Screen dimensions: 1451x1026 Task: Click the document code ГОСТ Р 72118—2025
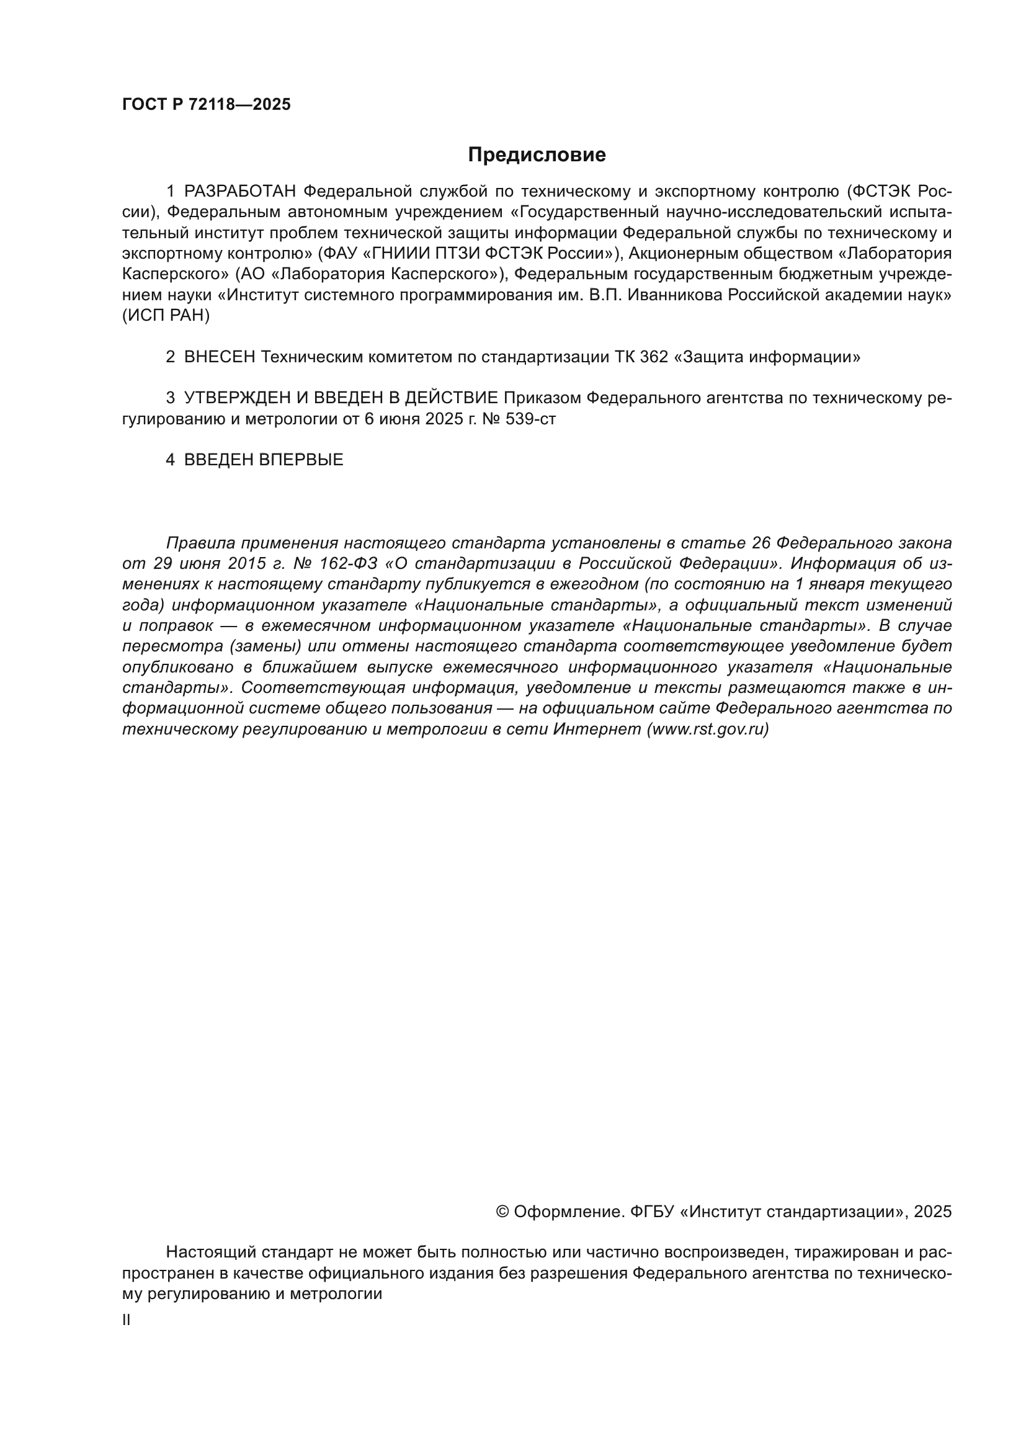[x=206, y=105]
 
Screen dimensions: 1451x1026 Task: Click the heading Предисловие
[x=537, y=155]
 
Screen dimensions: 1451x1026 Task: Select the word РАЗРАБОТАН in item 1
[x=240, y=192]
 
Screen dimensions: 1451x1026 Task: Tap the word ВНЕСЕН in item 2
[x=220, y=357]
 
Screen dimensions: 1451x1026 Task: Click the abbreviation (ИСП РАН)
[x=166, y=316]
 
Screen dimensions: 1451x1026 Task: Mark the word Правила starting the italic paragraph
[x=200, y=543]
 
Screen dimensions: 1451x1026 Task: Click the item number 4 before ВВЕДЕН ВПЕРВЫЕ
[x=170, y=460]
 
